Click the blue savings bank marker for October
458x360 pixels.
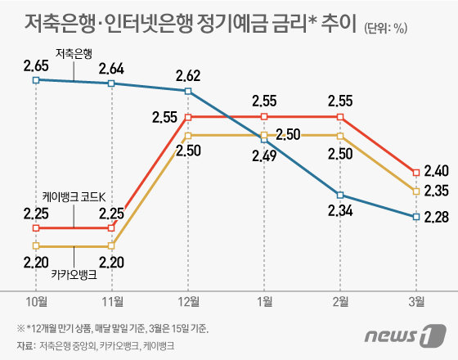(x=36, y=79)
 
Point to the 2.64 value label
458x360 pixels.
(x=112, y=67)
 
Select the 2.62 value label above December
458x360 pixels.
(x=189, y=76)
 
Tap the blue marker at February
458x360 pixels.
(x=340, y=195)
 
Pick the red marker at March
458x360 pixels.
(x=416, y=172)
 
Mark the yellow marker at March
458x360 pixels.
(x=416, y=191)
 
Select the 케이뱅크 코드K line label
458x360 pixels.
(x=74, y=197)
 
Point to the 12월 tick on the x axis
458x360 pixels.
(x=189, y=300)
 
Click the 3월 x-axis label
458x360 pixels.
(x=416, y=300)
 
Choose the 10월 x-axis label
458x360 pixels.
(x=36, y=300)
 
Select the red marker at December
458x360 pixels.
(x=189, y=117)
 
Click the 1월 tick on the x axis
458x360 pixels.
(x=265, y=300)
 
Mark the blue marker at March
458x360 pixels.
(x=416, y=217)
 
